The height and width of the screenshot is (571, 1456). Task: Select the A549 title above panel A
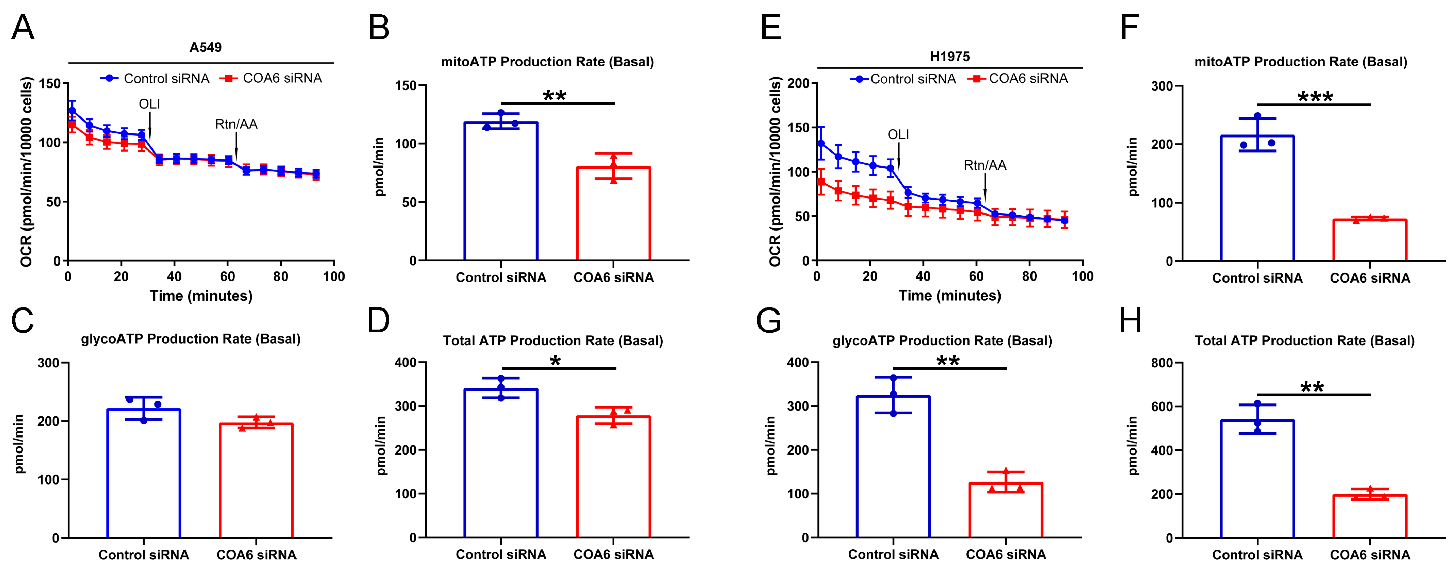(205, 47)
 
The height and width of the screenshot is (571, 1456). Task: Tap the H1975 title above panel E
(949, 57)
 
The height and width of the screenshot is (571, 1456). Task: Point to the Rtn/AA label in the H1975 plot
(985, 165)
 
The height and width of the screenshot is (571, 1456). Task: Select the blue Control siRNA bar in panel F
(1257, 198)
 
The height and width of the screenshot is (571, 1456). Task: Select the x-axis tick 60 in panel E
(976, 276)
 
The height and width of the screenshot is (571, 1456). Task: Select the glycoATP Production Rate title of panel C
(191, 339)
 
